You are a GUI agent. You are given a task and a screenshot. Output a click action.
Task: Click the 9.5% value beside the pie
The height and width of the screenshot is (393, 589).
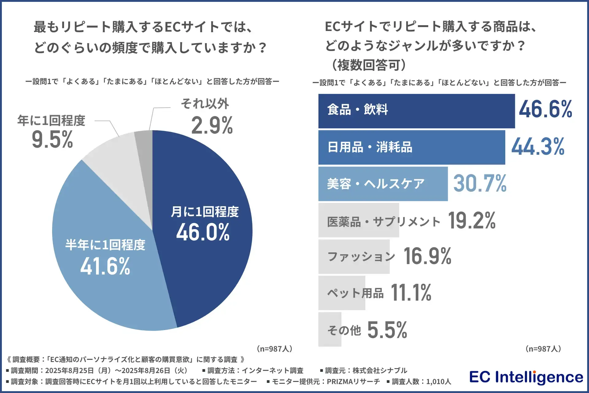point(52,140)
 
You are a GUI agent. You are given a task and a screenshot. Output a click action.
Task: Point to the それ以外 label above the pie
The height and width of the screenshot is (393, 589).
point(205,104)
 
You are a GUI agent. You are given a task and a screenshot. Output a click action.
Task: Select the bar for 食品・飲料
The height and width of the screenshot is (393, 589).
point(416,111)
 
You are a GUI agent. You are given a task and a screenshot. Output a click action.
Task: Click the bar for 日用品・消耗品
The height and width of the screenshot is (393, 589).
point(411,147)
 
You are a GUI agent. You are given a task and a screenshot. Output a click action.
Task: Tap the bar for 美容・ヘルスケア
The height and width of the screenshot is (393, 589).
point(383,184)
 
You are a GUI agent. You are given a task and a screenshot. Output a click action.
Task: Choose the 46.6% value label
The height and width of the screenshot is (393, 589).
point(545,109)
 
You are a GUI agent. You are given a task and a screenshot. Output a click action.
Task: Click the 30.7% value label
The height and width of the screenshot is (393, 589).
point(480,183)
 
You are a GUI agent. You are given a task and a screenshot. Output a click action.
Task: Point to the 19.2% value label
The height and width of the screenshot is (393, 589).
point(472,220)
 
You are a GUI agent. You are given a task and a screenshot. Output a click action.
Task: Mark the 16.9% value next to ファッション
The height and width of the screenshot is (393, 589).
point(427,256)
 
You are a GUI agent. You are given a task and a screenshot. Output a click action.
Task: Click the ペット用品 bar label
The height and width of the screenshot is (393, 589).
point(355,293)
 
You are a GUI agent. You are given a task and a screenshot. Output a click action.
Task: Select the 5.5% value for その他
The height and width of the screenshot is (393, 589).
point(387,330)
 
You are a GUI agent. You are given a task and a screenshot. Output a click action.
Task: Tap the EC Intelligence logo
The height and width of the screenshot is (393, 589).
point(526,377)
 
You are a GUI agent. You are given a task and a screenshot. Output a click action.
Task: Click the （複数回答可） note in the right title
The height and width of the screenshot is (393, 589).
point(368,65)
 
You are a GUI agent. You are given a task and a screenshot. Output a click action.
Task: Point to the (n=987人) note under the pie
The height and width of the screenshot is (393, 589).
point(274,349)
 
